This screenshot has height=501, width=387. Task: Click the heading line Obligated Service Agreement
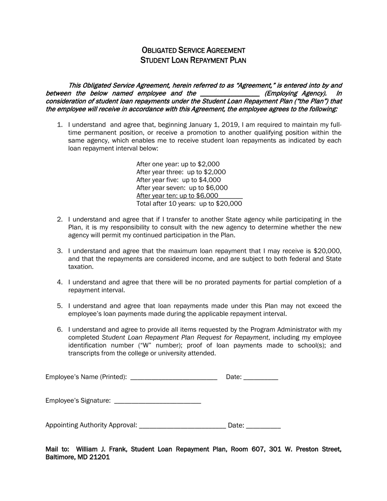[193, 50]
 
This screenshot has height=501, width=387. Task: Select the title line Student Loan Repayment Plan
[193, 60]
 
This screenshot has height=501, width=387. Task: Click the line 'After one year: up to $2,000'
[178, 164]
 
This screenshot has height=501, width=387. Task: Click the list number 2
[59, 220]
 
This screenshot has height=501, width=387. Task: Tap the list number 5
[59, 306]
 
